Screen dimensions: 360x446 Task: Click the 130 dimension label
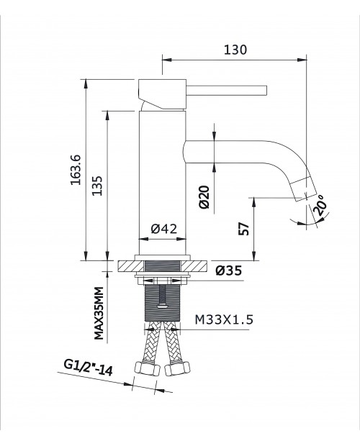(x=235, y=50)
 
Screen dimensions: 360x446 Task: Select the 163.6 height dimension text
(x=76, y=170)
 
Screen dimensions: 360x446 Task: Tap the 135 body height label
(x=97, y=186)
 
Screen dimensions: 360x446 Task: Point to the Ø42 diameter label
(x=164, y=229)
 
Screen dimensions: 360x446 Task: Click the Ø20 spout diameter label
(x=204, y=197)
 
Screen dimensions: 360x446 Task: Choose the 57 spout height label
(x=243, y=229)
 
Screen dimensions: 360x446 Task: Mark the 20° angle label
(x=320, y=205)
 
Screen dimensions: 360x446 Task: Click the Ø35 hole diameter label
(x=228, y=270)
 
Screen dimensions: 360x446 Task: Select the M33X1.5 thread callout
(x=224, y=319)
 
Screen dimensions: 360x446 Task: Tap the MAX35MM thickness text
(x=99, y=313)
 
